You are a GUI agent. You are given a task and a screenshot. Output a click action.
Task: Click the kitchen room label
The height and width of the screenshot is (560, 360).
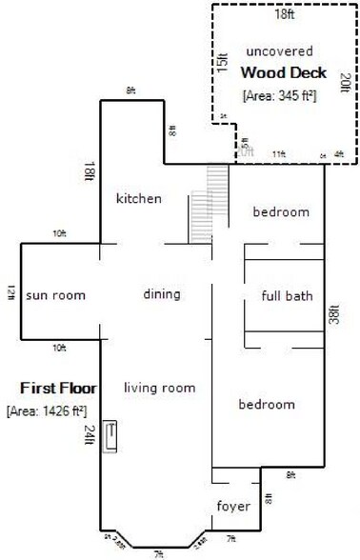pyautogui.click(x=139, y=199)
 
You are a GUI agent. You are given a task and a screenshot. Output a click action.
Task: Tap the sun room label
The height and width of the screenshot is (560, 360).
pyautogui.click(x=55, y=295)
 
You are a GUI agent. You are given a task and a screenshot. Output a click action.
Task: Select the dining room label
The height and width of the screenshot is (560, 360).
pyautogui.click(x=162, y=294)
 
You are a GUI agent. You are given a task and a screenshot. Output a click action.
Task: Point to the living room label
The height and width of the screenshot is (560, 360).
pyautogui.click(x=159, y=388)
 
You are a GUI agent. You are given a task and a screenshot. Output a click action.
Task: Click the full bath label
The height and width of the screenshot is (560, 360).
pyautogui.click(x=288, y=296)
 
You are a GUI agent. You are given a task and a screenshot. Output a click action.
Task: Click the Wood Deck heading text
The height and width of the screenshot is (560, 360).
pyautogui.click(x=283, y=72)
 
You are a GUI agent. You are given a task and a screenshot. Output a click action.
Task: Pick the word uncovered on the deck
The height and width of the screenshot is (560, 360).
pyautogui.click(x=279, y=50)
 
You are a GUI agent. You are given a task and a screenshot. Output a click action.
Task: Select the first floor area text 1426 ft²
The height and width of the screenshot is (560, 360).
pyautogui.click(x=47, y=411)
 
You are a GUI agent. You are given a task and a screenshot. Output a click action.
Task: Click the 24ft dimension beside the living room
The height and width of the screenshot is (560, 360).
pyautogui.click(x=90, y=435)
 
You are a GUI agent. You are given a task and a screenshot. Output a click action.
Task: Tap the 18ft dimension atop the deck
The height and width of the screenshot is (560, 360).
pyautogui.click(x=285, y=14)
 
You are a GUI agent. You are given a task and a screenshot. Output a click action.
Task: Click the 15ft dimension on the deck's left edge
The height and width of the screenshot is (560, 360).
pyautogui.click(x=222, y=62)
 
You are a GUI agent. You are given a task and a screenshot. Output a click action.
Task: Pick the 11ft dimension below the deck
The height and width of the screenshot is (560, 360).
pyautogui.click(x=279, y=153)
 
